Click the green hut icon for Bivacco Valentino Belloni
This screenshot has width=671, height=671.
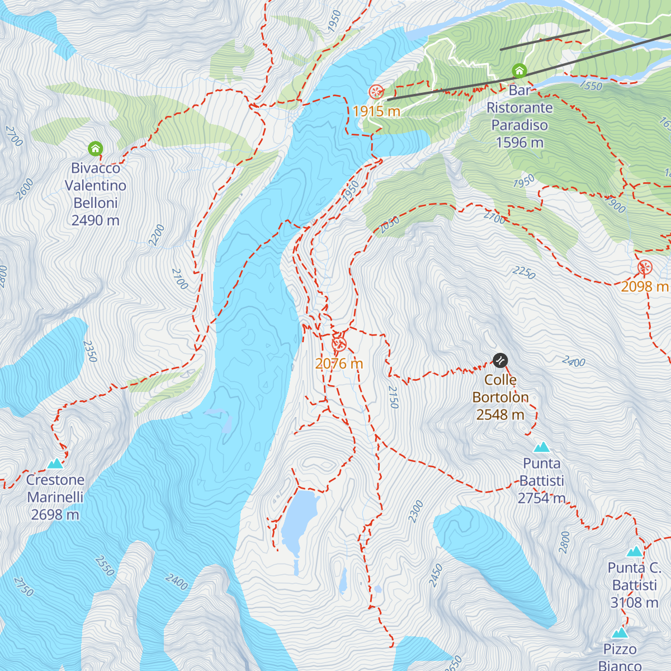point(96,149)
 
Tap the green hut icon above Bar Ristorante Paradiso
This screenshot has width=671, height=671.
point(519,71)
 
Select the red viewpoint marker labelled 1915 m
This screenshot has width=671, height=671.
point(376,92)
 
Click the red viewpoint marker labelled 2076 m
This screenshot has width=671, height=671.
point(339,344)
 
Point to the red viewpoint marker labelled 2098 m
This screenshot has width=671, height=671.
point(645,268)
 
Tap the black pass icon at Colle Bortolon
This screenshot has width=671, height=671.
point(500,360)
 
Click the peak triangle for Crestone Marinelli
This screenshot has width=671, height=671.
point(55,464)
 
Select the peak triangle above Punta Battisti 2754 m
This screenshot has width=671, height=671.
point(541,447)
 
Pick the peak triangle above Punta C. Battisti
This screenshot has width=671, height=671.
point(634,552)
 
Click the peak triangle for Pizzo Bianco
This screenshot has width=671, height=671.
point(620,634)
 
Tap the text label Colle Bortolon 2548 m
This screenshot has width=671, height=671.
point(500,397)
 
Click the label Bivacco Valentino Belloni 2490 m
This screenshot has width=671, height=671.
point(96,194)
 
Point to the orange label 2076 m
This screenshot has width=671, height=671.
point(339,364)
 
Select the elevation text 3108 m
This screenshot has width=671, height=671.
point(634,603)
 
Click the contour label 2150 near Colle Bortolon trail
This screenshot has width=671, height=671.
point(393,397)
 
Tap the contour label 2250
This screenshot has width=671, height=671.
point(524,272)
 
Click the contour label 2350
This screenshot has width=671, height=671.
point(90,351)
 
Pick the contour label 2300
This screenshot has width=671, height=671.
point(415,512)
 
